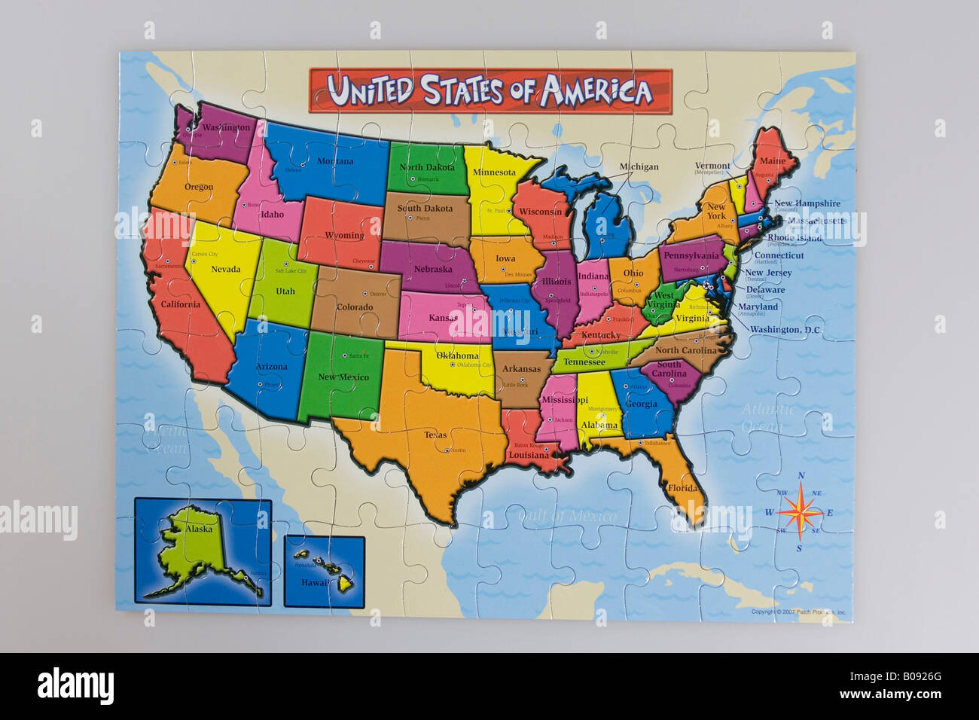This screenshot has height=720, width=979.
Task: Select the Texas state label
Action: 435,435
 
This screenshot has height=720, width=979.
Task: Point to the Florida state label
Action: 682,488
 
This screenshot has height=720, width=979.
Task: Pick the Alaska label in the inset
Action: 199,529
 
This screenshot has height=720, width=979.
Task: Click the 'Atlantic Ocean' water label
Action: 767,418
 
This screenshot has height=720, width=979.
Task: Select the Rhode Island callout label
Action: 794,238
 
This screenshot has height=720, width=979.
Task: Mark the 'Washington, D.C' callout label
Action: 785,330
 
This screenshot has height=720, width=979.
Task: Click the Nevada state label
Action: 226,269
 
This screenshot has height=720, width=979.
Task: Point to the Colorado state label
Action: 354,307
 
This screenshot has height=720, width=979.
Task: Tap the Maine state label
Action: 772,160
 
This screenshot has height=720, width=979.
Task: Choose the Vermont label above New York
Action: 712,166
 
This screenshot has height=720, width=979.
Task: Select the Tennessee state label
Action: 584,362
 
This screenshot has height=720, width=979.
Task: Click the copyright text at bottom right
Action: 798,612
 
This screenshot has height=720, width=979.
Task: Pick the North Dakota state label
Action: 426,167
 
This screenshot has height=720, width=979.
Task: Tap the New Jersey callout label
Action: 767,273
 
